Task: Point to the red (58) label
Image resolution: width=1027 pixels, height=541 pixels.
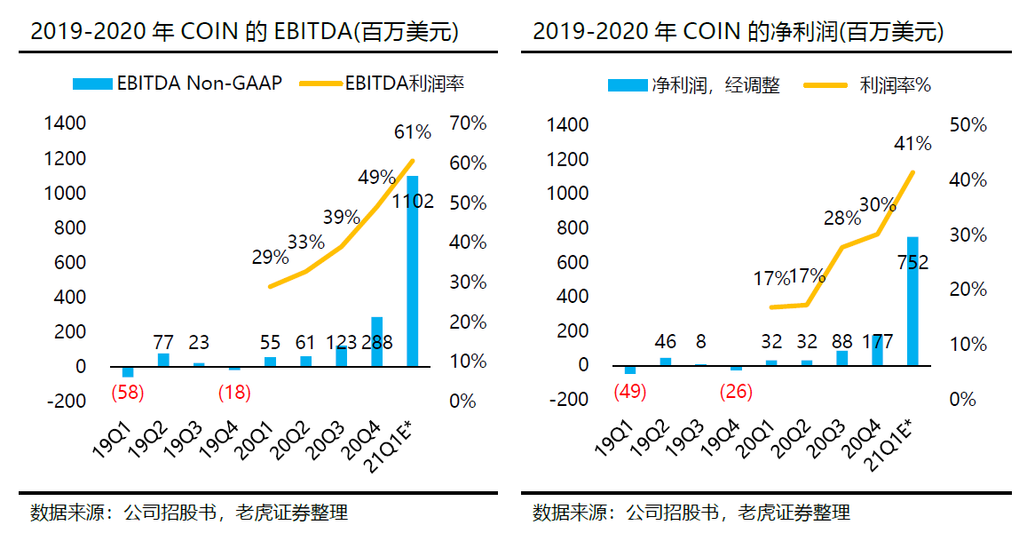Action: (127, 391)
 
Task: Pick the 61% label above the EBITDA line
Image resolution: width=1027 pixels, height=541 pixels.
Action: (412, 133)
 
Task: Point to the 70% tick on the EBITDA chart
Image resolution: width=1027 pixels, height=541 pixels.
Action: (468, 123)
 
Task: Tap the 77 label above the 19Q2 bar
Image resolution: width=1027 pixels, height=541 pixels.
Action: (162, 341)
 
